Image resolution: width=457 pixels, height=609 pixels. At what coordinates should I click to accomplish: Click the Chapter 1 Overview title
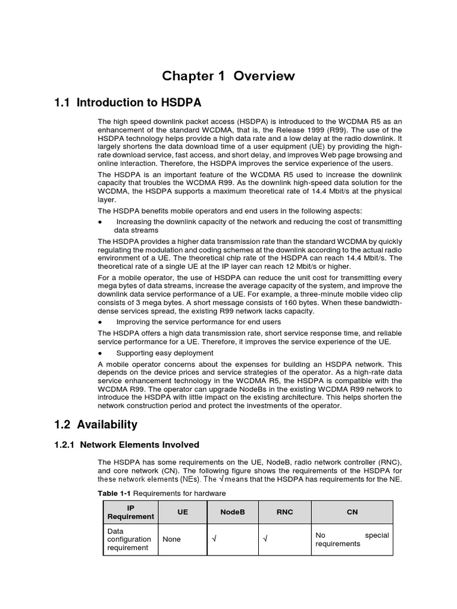pos(229,76)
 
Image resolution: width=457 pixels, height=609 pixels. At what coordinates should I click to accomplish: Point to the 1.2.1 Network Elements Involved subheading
pos(131,445)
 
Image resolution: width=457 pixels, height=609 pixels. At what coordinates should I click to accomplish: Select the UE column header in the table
pos(182,511)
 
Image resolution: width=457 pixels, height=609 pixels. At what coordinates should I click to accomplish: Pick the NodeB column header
pos(232,511)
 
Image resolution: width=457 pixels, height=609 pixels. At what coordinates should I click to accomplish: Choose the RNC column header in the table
pos(284,511)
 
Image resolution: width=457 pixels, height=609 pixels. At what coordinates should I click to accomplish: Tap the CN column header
pos(352,511)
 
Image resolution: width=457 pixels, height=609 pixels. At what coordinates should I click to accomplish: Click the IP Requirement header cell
pos(130,511)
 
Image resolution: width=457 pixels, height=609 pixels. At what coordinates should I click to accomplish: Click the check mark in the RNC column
pos(265,539)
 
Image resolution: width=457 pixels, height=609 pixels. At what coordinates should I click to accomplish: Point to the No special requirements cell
pos(352,539)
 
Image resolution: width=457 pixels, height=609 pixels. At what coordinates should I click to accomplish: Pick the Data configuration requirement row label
pos(129,539)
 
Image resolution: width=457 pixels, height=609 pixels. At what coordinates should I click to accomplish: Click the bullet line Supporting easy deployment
pos(164,353)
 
